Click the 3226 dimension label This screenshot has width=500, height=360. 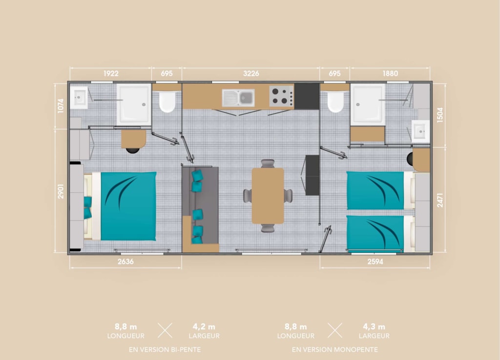251,74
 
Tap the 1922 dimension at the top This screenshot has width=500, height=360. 111,74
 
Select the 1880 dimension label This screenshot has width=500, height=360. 390,74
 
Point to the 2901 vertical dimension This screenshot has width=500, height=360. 61,191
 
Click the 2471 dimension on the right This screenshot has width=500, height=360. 440,200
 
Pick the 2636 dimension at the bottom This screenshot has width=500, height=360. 125,261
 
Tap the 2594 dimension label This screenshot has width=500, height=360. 375,261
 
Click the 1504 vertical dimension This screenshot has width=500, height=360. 440,115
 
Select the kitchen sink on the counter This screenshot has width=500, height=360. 238,98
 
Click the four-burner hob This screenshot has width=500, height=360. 281,96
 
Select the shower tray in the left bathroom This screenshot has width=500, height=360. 134,104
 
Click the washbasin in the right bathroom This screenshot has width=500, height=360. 420,131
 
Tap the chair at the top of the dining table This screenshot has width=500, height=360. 268,163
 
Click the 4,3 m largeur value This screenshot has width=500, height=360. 374,326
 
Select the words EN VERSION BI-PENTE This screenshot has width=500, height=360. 165,349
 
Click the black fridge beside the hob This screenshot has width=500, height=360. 307,96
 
